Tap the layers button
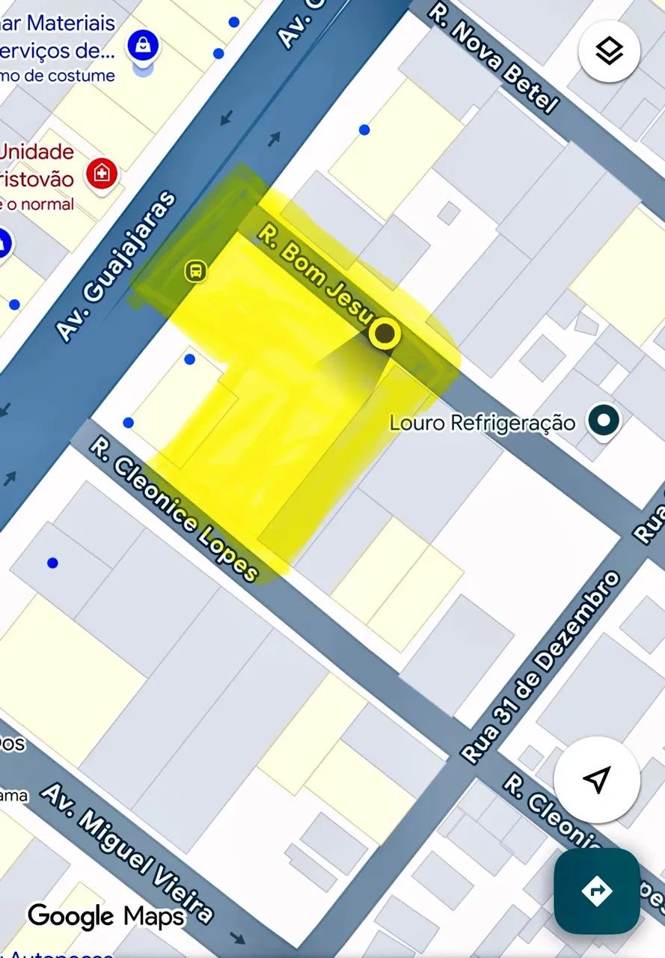pos(609,52)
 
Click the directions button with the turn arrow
pos(596,890)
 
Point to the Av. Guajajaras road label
pos(117,266)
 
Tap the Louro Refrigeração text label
pos(482,423)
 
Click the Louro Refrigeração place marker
pos(603,421)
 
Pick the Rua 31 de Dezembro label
pos(541,667)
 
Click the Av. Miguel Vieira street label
pos(126,852)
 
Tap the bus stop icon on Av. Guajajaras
pos(195,270)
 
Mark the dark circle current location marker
pos(384,335)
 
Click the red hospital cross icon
pos(102,174)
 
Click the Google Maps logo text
pos(105,915)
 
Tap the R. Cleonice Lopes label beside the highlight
pos(174,510)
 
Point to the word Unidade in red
pos(37,152)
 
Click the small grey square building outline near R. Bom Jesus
pos(449,213)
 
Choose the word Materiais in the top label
pos(72,23)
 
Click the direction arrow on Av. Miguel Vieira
pos(237,938)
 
